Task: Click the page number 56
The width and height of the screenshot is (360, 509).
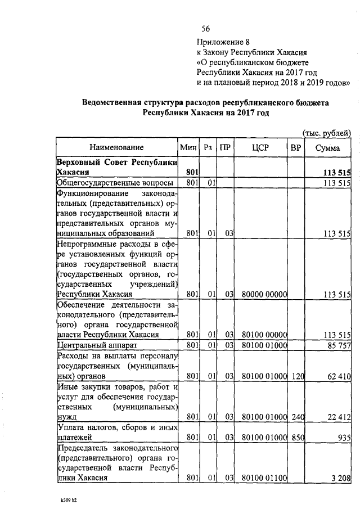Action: point(205,29)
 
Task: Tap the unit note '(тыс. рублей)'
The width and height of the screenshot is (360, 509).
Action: point(327,133)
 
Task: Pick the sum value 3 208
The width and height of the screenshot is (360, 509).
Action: point(340,478)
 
